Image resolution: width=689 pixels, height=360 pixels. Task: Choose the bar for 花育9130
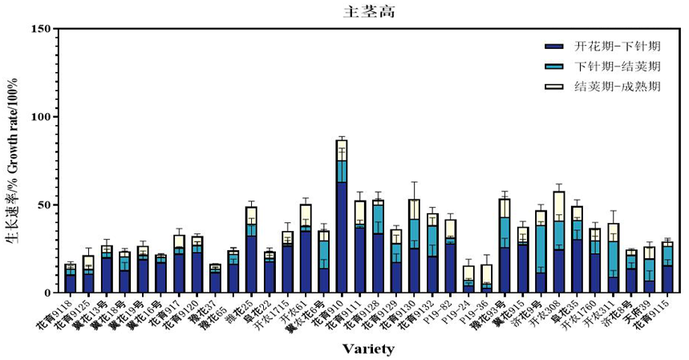coord(414,249)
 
